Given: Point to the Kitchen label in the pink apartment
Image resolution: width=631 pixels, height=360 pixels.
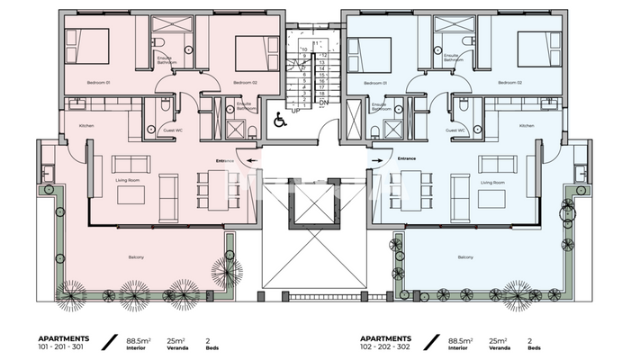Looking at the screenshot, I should pos(87,125).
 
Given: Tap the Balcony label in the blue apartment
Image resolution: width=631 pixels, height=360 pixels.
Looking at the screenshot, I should pos(465,258).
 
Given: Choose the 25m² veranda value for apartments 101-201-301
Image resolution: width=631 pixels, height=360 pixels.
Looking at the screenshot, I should pos(185,340).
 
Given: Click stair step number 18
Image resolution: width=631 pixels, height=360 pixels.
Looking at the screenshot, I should pos(321,93).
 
